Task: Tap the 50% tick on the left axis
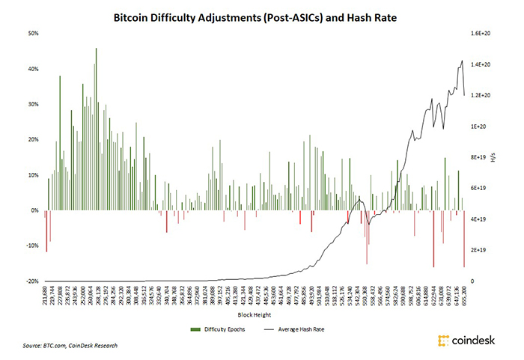[34, 34]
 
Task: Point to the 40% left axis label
[34, 69]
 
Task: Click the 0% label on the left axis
[35, 210]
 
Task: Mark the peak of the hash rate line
[462, 61]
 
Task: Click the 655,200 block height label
[464, 298]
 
